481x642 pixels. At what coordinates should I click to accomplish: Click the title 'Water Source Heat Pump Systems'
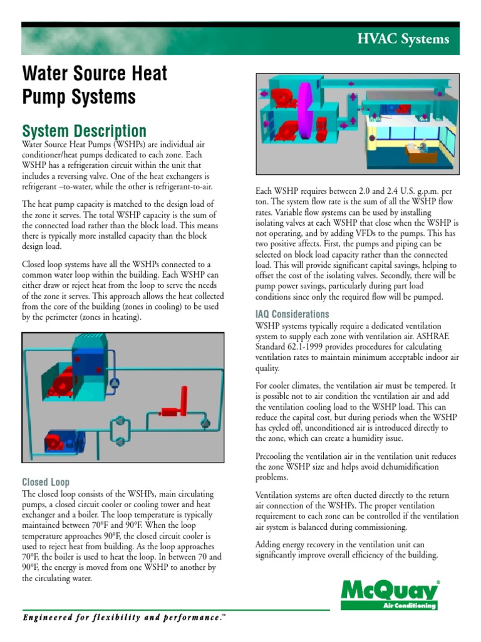[95, 85]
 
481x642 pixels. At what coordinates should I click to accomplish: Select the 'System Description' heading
[84, 131]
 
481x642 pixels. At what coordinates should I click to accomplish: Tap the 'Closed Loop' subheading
[46, 482]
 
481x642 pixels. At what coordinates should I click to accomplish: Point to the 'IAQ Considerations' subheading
[292, 314]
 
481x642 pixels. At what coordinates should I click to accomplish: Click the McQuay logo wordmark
[388, 591]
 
